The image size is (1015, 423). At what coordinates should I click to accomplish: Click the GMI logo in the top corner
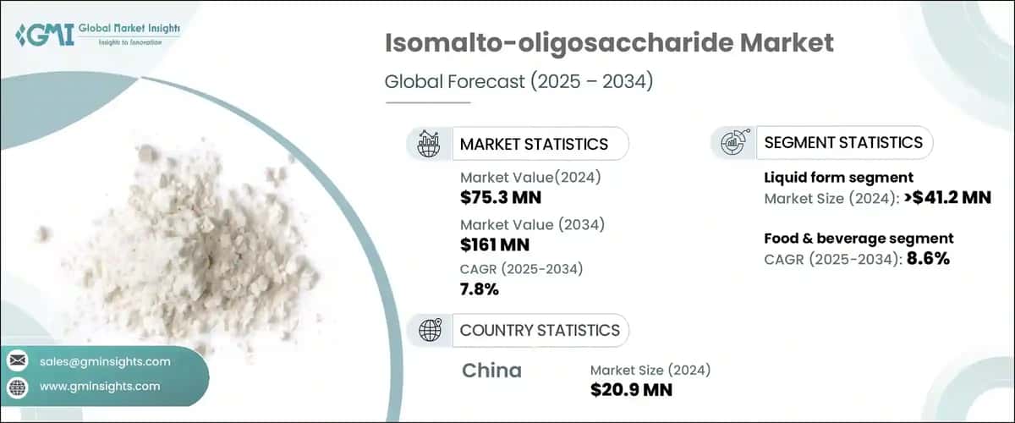pos(98,35)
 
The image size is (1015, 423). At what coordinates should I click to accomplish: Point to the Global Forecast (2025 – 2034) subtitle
pos(519,82)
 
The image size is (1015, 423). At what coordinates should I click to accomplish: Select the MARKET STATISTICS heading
pos(533,144)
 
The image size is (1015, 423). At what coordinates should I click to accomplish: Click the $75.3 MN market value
pos(501,199)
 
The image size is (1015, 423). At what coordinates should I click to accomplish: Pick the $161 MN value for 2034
pos(495,246)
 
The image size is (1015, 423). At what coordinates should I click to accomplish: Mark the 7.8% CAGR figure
pos(480,290)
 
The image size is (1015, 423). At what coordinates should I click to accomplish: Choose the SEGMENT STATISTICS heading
pos(842,143)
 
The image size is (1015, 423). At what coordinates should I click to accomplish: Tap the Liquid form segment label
pos(838,178)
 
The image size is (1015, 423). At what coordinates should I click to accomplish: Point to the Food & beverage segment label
pos(859,239)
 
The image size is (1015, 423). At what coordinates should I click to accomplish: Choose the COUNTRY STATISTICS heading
pos(539,330)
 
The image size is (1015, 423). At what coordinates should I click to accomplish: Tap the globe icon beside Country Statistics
pos(430,330)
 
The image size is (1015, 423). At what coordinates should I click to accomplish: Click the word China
pos(491,371)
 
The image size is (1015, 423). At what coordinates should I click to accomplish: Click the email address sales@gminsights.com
pos(105,361)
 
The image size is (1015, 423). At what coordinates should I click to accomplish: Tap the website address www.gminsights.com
pos(100,387)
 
